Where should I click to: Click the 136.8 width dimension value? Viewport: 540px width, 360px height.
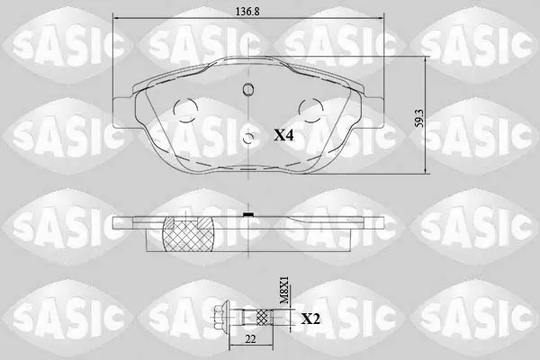click(247, 12)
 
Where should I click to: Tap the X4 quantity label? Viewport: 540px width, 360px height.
click(283, 135)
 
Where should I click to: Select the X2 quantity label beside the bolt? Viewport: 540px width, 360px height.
click(310, 319)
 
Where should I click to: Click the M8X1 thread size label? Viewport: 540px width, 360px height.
click(284, 290)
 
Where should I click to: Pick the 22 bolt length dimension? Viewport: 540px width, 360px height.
click(251, 339)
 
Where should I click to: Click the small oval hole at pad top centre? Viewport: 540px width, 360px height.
click(248, 89)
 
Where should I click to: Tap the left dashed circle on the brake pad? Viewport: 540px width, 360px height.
click(185, 110)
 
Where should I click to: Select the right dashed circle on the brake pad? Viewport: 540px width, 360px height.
click(311, 110)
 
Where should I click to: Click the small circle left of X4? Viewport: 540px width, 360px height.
click(248, 139)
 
